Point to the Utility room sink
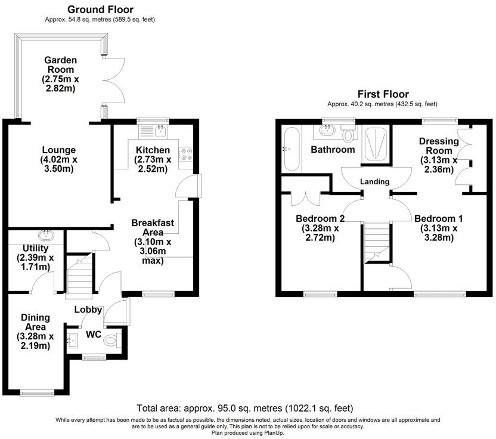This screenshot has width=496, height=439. pyautogui.click(x=45, y=235)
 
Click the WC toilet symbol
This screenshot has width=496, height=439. pyautogui.click(x=111, y=342)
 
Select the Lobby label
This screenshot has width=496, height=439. pyautogui.click(x=88, y=310)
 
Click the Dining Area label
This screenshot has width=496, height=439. pyautogui.click(x=36, y=317)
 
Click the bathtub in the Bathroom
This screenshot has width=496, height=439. pyautogui.click(x=291, y=148)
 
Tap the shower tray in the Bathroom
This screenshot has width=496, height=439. pyautogui.click(x=376, y=145)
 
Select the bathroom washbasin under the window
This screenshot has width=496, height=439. pyautogui.click(x=328, y=129)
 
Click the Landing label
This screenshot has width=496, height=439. pyautogui.click(x=375, y=181)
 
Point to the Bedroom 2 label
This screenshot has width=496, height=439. pyautogui.click(x=321, y=218)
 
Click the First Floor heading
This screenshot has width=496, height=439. pyautogui.click(x=383, y=94)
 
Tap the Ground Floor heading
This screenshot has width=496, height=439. pyautogui.click(x=100, y=9)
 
